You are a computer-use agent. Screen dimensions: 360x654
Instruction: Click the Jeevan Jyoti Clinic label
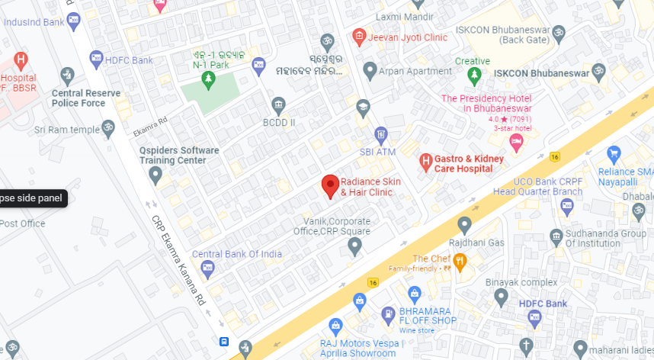(408, 37)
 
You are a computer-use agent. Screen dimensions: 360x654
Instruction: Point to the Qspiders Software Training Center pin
(155, 176)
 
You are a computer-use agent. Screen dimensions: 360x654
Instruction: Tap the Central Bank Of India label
(237, 254)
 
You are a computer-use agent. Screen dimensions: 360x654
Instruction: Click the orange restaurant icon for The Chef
(460, 259)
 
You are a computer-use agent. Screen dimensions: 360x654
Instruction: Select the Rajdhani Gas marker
(464, 225)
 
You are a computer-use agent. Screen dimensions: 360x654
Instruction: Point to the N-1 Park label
(210, 65)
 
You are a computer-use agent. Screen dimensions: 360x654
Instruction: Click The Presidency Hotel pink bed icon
(516, 143)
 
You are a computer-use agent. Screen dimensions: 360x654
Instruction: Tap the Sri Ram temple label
(67, 130)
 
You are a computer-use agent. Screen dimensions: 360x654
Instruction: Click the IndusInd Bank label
(34, 22)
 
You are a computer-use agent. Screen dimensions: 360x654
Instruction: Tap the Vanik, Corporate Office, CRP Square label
(332, 226)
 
